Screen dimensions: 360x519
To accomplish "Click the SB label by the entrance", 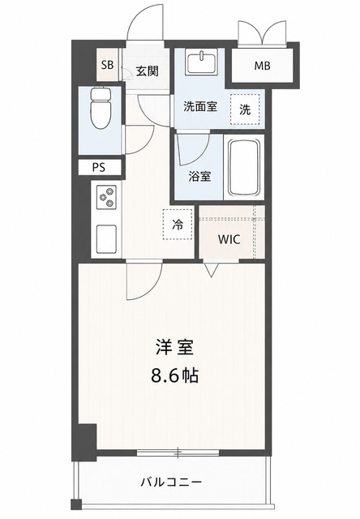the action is [x=107, y=65].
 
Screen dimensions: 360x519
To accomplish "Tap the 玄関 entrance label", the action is [x=148, y=71].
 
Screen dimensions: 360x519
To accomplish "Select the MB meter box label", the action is [x=262, y=66].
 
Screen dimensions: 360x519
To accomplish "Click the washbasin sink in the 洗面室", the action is [x=201, y=62].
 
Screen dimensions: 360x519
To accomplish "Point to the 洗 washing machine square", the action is [x=245, y=109].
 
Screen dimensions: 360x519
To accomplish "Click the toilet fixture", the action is [x=101, y=108].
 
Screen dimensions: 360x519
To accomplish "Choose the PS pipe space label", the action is [x=99, y=168].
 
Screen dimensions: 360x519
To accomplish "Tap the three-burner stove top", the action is [x=106, y=197].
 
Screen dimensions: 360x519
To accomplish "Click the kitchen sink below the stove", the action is [x=106, y=239].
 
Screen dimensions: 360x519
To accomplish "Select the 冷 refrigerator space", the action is [x=178, y=225].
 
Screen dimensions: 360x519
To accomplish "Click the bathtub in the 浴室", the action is [x=245, y=168].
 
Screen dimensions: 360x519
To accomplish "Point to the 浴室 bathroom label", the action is [x=199, y=177].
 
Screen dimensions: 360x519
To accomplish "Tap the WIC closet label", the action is [x=229, y=239].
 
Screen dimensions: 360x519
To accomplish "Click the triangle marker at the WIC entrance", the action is [x=212, y=270].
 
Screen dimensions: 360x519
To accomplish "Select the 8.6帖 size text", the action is [x=175, y=375].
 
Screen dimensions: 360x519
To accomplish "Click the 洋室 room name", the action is [x=175, y=348].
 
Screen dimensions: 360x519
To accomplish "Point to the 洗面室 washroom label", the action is [x=200, y=106].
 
